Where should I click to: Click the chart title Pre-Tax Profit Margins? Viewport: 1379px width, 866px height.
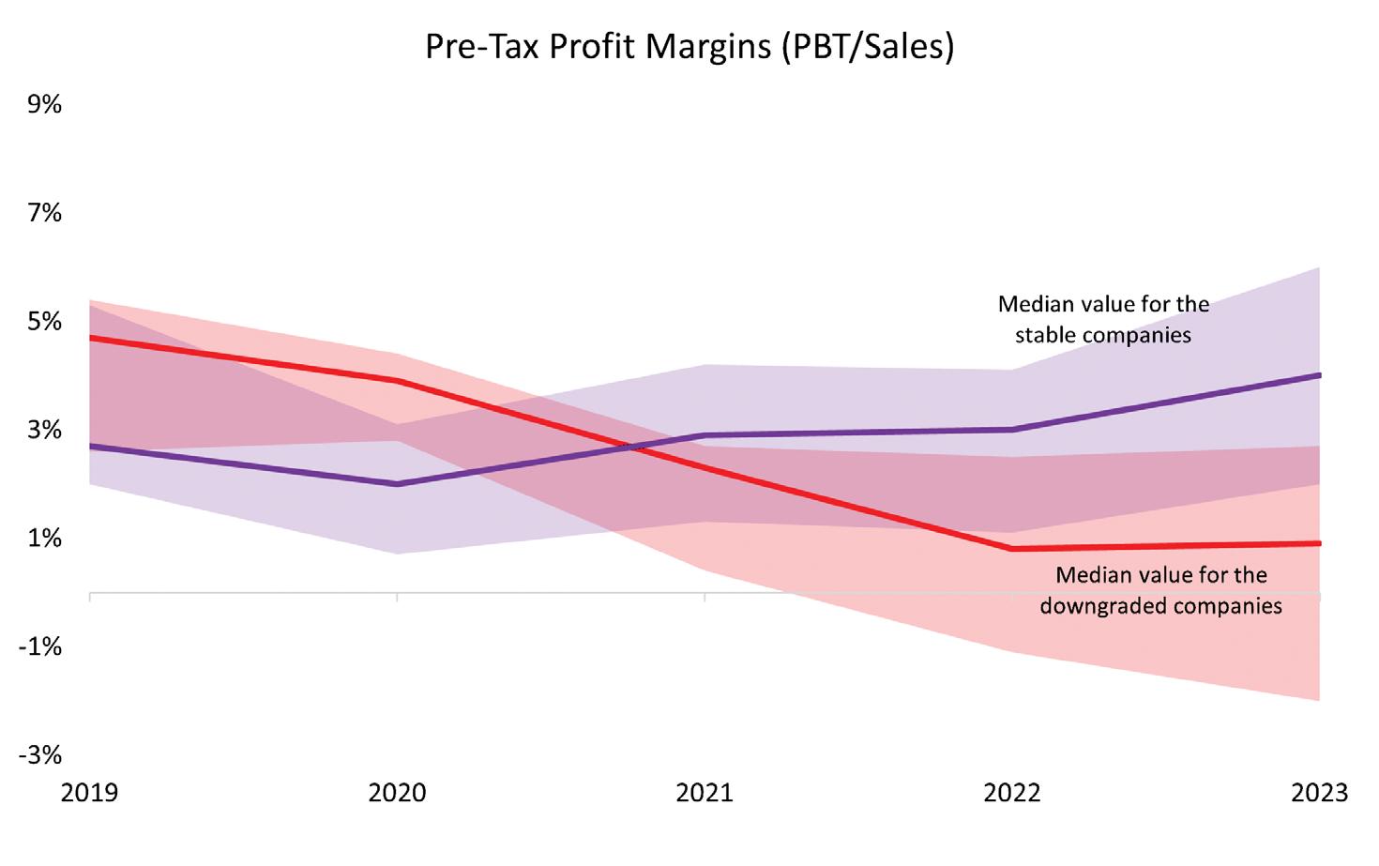689,46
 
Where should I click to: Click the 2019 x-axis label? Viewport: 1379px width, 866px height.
89,793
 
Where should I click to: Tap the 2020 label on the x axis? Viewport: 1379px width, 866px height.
397,793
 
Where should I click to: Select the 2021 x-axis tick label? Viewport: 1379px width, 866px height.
705,793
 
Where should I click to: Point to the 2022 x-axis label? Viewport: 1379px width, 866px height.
1012,793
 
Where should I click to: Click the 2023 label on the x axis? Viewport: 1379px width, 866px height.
1319,793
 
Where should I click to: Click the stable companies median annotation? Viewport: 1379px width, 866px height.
1103,320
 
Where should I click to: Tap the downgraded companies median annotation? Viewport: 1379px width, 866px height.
1160,590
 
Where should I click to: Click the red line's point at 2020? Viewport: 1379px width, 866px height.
397,381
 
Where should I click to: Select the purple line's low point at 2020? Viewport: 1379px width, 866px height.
397,484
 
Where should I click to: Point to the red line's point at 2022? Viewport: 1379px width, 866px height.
1012,549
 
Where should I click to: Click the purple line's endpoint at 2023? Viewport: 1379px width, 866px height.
1319,375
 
